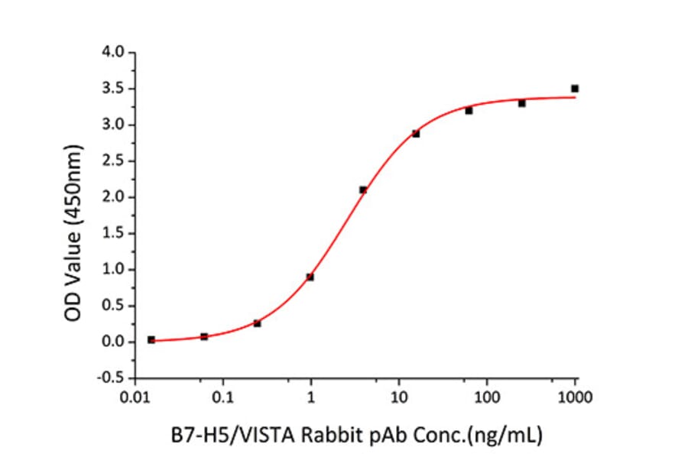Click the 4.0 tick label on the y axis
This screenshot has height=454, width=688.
pos(114,53)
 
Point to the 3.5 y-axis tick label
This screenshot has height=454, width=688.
pos(114,89)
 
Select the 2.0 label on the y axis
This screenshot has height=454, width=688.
pos(114,197)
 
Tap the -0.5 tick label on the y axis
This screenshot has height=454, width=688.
pos(112,378)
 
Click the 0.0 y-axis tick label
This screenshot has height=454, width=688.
pos(114,342)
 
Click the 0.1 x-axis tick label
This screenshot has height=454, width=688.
pos(223,397)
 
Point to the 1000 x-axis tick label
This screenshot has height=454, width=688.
pos(575,397)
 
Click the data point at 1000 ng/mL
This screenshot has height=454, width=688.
pos(575,89)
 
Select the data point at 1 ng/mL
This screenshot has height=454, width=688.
pos(310,277)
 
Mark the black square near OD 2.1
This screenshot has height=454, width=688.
pos(363,190)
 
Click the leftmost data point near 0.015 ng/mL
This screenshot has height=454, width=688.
pos(151,339)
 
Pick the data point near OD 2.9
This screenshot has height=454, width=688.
pos(416,134)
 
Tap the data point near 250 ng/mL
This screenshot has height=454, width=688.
pos(522,103)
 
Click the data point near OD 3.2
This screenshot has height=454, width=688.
pos(469,111)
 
